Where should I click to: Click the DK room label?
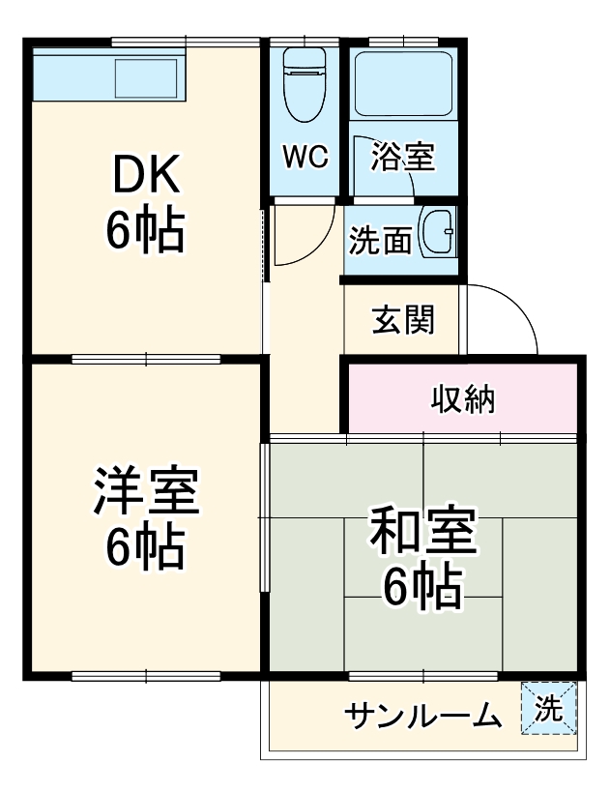point(146,175)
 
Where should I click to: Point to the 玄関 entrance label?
point(403,319)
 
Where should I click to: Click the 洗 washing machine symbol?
point(548,709)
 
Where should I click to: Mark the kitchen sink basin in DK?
point(146,74)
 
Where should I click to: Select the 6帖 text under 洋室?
point(145,547)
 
